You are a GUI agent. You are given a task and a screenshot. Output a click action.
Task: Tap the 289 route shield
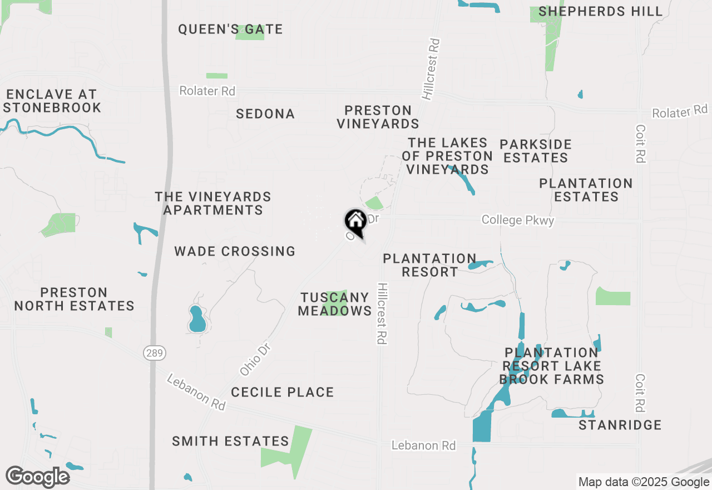pos(154,352)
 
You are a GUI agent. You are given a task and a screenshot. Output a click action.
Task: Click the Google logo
pos(37,477)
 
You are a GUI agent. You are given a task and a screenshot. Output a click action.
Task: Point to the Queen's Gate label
pos(230,30)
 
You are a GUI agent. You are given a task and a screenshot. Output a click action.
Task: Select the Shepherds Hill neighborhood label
pos(600,12)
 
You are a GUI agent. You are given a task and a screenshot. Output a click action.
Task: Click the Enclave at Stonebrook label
pos(52,101)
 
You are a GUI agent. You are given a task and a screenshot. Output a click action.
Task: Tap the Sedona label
pos(265,114)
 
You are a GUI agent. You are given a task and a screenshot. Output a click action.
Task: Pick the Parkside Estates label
pos(535,151)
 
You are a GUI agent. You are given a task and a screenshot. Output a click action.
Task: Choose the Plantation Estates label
pos(586,190)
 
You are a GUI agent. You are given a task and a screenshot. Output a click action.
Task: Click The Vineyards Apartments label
pos(213,203)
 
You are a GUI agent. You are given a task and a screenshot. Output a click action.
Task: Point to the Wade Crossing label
pos(235,251)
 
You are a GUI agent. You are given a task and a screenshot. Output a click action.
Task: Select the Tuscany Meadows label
pos(335,304)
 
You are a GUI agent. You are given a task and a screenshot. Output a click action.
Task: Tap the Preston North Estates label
pos(75,299)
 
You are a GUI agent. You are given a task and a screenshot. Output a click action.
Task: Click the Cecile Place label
pos(283,392)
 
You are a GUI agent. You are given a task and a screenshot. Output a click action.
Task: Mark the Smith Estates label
pos(230,442)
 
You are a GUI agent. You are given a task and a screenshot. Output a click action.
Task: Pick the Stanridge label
pos(620,425)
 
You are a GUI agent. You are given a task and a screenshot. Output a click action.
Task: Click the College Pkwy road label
pos(518,220)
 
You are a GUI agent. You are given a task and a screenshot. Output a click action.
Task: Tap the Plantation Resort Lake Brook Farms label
pos(551,366)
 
